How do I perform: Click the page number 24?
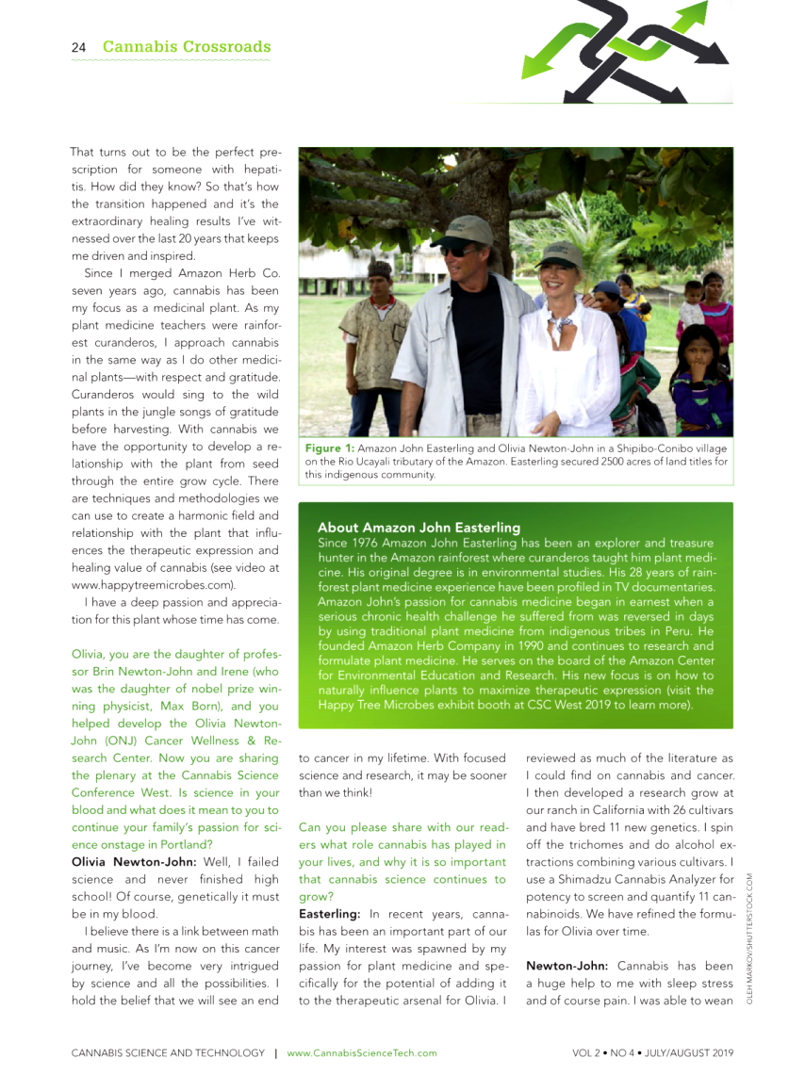[78, 47]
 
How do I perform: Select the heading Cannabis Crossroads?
[187, 47]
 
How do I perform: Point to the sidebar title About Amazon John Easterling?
[419, 527]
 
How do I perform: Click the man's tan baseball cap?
[464, 228]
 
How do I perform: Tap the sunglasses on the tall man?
[460, 249]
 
